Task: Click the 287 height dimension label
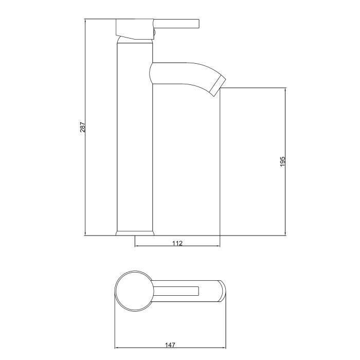tap(82, 128)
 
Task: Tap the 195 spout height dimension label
tap(282, 161)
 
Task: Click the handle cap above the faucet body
tap(135, 29)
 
